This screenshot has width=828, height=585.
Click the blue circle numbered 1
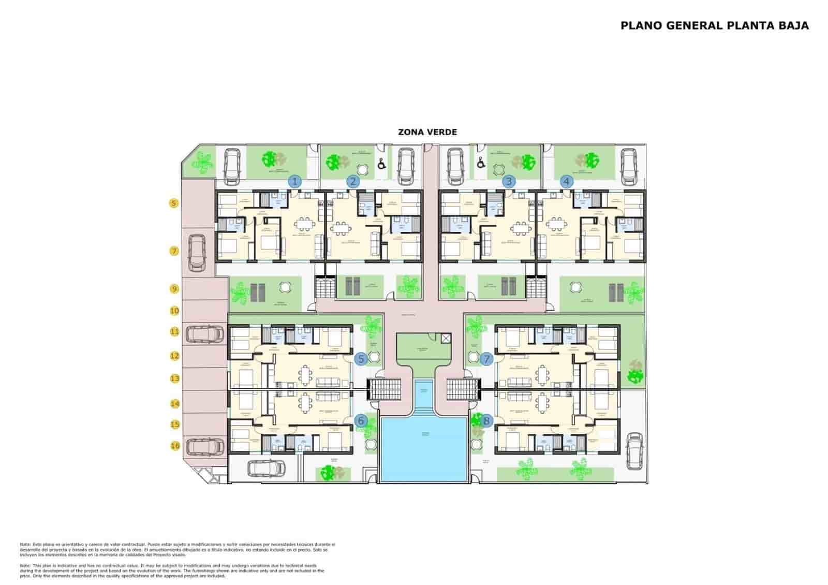(294, 182)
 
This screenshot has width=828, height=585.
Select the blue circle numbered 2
(353, 182)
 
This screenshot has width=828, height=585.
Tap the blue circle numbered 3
(510, 182)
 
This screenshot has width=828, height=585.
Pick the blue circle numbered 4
(567, 182)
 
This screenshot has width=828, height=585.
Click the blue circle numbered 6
(361, 421)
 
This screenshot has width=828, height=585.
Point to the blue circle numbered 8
(486, 421)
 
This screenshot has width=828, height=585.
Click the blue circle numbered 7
(486, 359)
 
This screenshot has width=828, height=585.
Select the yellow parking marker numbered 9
(175, 289)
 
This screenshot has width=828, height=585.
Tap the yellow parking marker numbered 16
(175, 446)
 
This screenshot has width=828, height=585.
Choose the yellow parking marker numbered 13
(175, 379)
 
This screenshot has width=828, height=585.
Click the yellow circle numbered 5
(174, 203)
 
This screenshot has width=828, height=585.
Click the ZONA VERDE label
(427, 133)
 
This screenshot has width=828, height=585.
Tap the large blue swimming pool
(423, 448)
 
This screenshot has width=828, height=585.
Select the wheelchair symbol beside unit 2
(381, 164)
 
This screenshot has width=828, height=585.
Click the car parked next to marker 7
(197, 253)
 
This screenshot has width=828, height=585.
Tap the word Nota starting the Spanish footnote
(25, 545)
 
